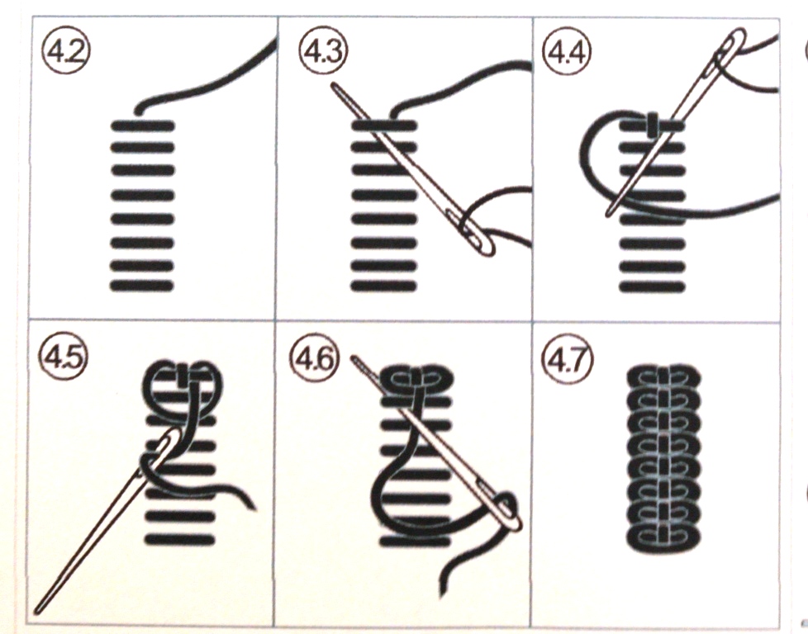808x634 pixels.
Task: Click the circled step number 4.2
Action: coord(66,51)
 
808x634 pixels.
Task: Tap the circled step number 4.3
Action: coord(323,51)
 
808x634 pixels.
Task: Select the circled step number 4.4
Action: coord(567,51)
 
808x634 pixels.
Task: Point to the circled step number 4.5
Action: coord(64,355)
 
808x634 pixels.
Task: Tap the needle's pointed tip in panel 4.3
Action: coord(333,84)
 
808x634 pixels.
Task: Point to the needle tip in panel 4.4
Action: coord(608,215)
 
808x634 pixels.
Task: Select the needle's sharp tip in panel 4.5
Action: coord(37,612)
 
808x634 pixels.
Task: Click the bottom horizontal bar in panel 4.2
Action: coord(142,286)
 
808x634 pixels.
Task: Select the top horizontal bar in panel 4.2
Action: coord(143,125)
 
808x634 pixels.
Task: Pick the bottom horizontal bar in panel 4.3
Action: coord(383,286)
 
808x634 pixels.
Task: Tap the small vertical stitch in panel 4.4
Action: coord(653,125)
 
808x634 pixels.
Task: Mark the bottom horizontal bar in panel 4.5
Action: coord(180,540)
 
